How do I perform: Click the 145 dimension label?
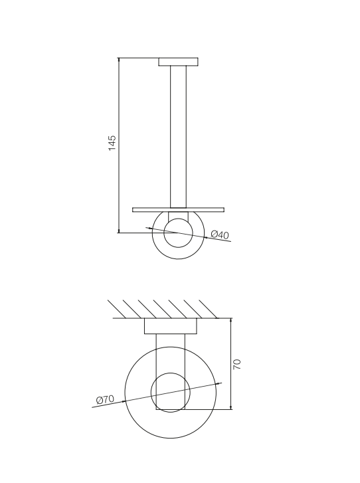[112, 143]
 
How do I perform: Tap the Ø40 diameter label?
[220, 235]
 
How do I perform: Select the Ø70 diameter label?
[105, 400]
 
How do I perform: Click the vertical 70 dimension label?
[237, 364]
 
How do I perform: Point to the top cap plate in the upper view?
[178, 62]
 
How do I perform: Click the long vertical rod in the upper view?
[178, 137]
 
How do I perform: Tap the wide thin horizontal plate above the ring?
[178, 210]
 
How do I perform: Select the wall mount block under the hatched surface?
[171, 326]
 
